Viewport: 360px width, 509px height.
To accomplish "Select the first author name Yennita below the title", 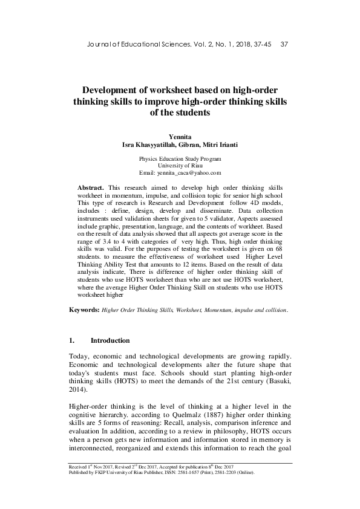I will (180, 135).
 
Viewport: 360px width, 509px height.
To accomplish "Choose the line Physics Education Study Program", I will (180, 158).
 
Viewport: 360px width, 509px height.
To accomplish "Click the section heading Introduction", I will (114, 341).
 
